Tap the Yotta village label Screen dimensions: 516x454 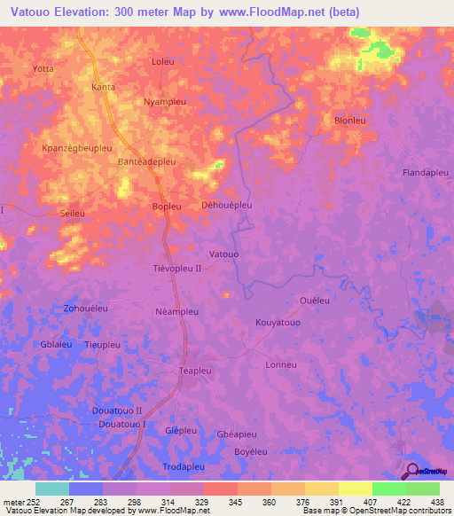[43, 68]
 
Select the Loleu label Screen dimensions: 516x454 [163, 61]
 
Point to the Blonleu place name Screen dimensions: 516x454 [350, 120]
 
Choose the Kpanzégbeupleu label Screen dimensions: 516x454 [77, 148]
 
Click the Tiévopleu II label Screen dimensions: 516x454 [177, 268]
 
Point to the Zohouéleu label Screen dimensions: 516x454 [85, 308]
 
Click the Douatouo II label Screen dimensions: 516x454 [116, 411]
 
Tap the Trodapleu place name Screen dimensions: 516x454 [184, 466]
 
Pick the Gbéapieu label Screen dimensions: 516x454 [237, 434]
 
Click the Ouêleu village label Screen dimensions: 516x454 [315, 301]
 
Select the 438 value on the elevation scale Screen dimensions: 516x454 [438, 501]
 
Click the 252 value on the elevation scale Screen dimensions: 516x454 [34, 501]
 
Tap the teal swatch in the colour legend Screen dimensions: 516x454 [51, 489]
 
